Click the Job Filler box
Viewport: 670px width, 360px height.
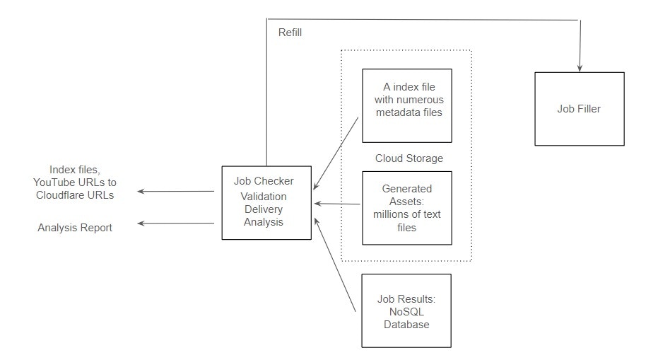(580, 109)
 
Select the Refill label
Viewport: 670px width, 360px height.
(290, 33)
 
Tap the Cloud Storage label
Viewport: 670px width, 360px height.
(409, 158)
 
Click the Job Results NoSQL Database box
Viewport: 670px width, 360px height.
(406, 310)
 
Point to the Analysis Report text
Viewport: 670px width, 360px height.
(75, 228)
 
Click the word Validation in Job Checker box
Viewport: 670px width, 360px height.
(263, 196)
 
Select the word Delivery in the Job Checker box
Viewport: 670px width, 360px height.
(263, 209)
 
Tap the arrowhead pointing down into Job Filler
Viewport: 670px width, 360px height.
(580, 68)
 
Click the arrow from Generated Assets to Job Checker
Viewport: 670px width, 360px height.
(337, 204)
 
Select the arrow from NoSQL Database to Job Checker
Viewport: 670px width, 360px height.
(335, 265)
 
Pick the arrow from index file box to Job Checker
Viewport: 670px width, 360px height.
(336, 153)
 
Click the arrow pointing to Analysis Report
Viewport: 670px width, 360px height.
(175, 223)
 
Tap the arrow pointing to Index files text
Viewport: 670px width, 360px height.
(175, 191)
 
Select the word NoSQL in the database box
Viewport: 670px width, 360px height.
(406, 312)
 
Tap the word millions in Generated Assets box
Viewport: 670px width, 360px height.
(391, 214)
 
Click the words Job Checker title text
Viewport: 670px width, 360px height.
(264, 181)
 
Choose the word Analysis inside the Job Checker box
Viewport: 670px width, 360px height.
(263, 222)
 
